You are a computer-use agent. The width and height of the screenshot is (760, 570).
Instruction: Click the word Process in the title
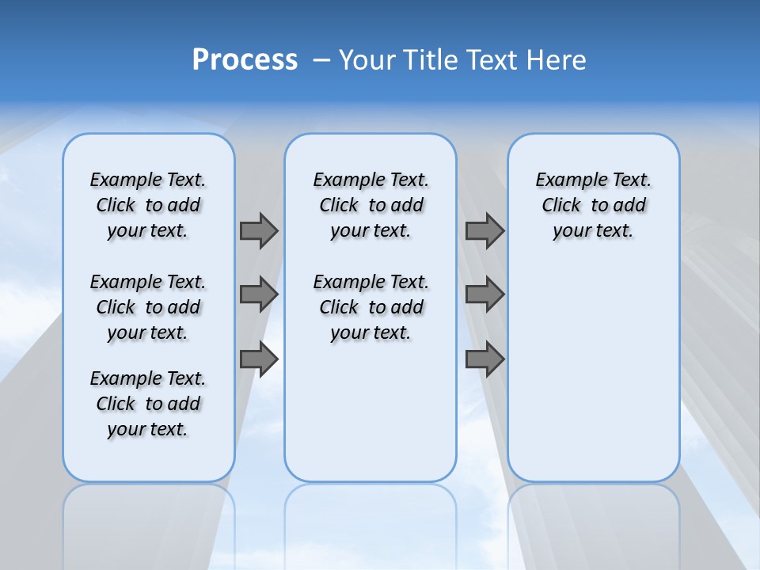(x=245, y=60)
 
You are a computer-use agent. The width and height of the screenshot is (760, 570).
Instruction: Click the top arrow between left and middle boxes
(x=259, y=230)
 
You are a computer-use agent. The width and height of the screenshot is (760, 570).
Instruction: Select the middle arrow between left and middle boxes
(x=259, y=294)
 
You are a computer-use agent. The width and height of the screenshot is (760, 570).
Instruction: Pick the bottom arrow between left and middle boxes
(x=259, y=360)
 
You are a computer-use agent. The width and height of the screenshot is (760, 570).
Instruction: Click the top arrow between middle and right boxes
(x=484, y=230)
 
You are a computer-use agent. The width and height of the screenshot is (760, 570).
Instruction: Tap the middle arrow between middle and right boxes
(x=484, y=294)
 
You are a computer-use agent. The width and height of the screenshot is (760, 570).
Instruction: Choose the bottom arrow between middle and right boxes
(x=484, y=360)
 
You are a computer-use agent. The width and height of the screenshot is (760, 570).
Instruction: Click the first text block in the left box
(x=148, y=205)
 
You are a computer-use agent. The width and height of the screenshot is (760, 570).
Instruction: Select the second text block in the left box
(x=148, y=307)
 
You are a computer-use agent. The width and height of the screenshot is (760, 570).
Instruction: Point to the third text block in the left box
(x=148, y=404)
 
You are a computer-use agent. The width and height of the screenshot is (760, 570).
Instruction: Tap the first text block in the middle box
(x=370, y=205)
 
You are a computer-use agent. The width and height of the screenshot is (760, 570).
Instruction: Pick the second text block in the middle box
(x=370, y=307)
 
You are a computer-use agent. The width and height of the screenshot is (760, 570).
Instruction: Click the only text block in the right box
(x=594, y=205)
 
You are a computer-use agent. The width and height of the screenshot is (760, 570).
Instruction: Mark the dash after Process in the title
(x=321, y=60)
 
